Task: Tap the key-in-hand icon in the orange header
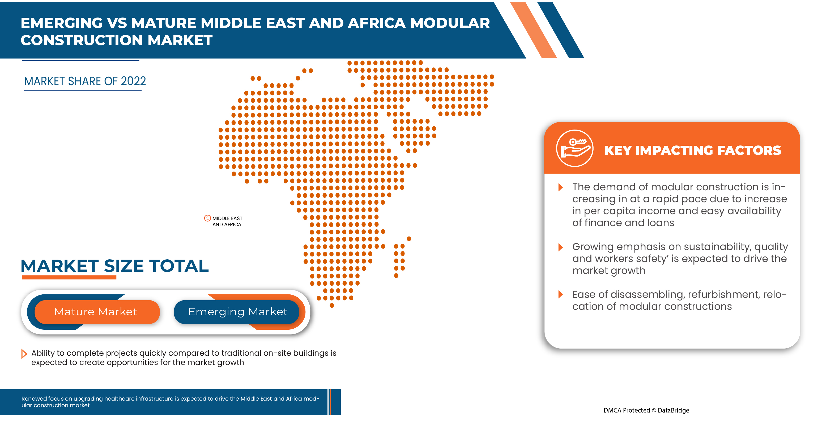coord(574,148)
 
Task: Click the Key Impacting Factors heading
coord(693,150)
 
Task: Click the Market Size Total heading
coord(114,266)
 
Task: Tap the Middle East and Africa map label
coord(227,221)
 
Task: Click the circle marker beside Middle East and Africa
coord(207,218)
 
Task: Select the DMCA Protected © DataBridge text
coord(646,410)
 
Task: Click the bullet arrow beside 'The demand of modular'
coord(560,187)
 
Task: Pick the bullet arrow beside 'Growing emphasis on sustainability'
coord(560,247)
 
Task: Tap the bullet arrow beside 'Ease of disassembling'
coord(560,295)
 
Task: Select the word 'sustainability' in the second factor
coord(717,247)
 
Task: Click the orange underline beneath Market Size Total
coord(69,278)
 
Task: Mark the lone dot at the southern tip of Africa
coord(332,306)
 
